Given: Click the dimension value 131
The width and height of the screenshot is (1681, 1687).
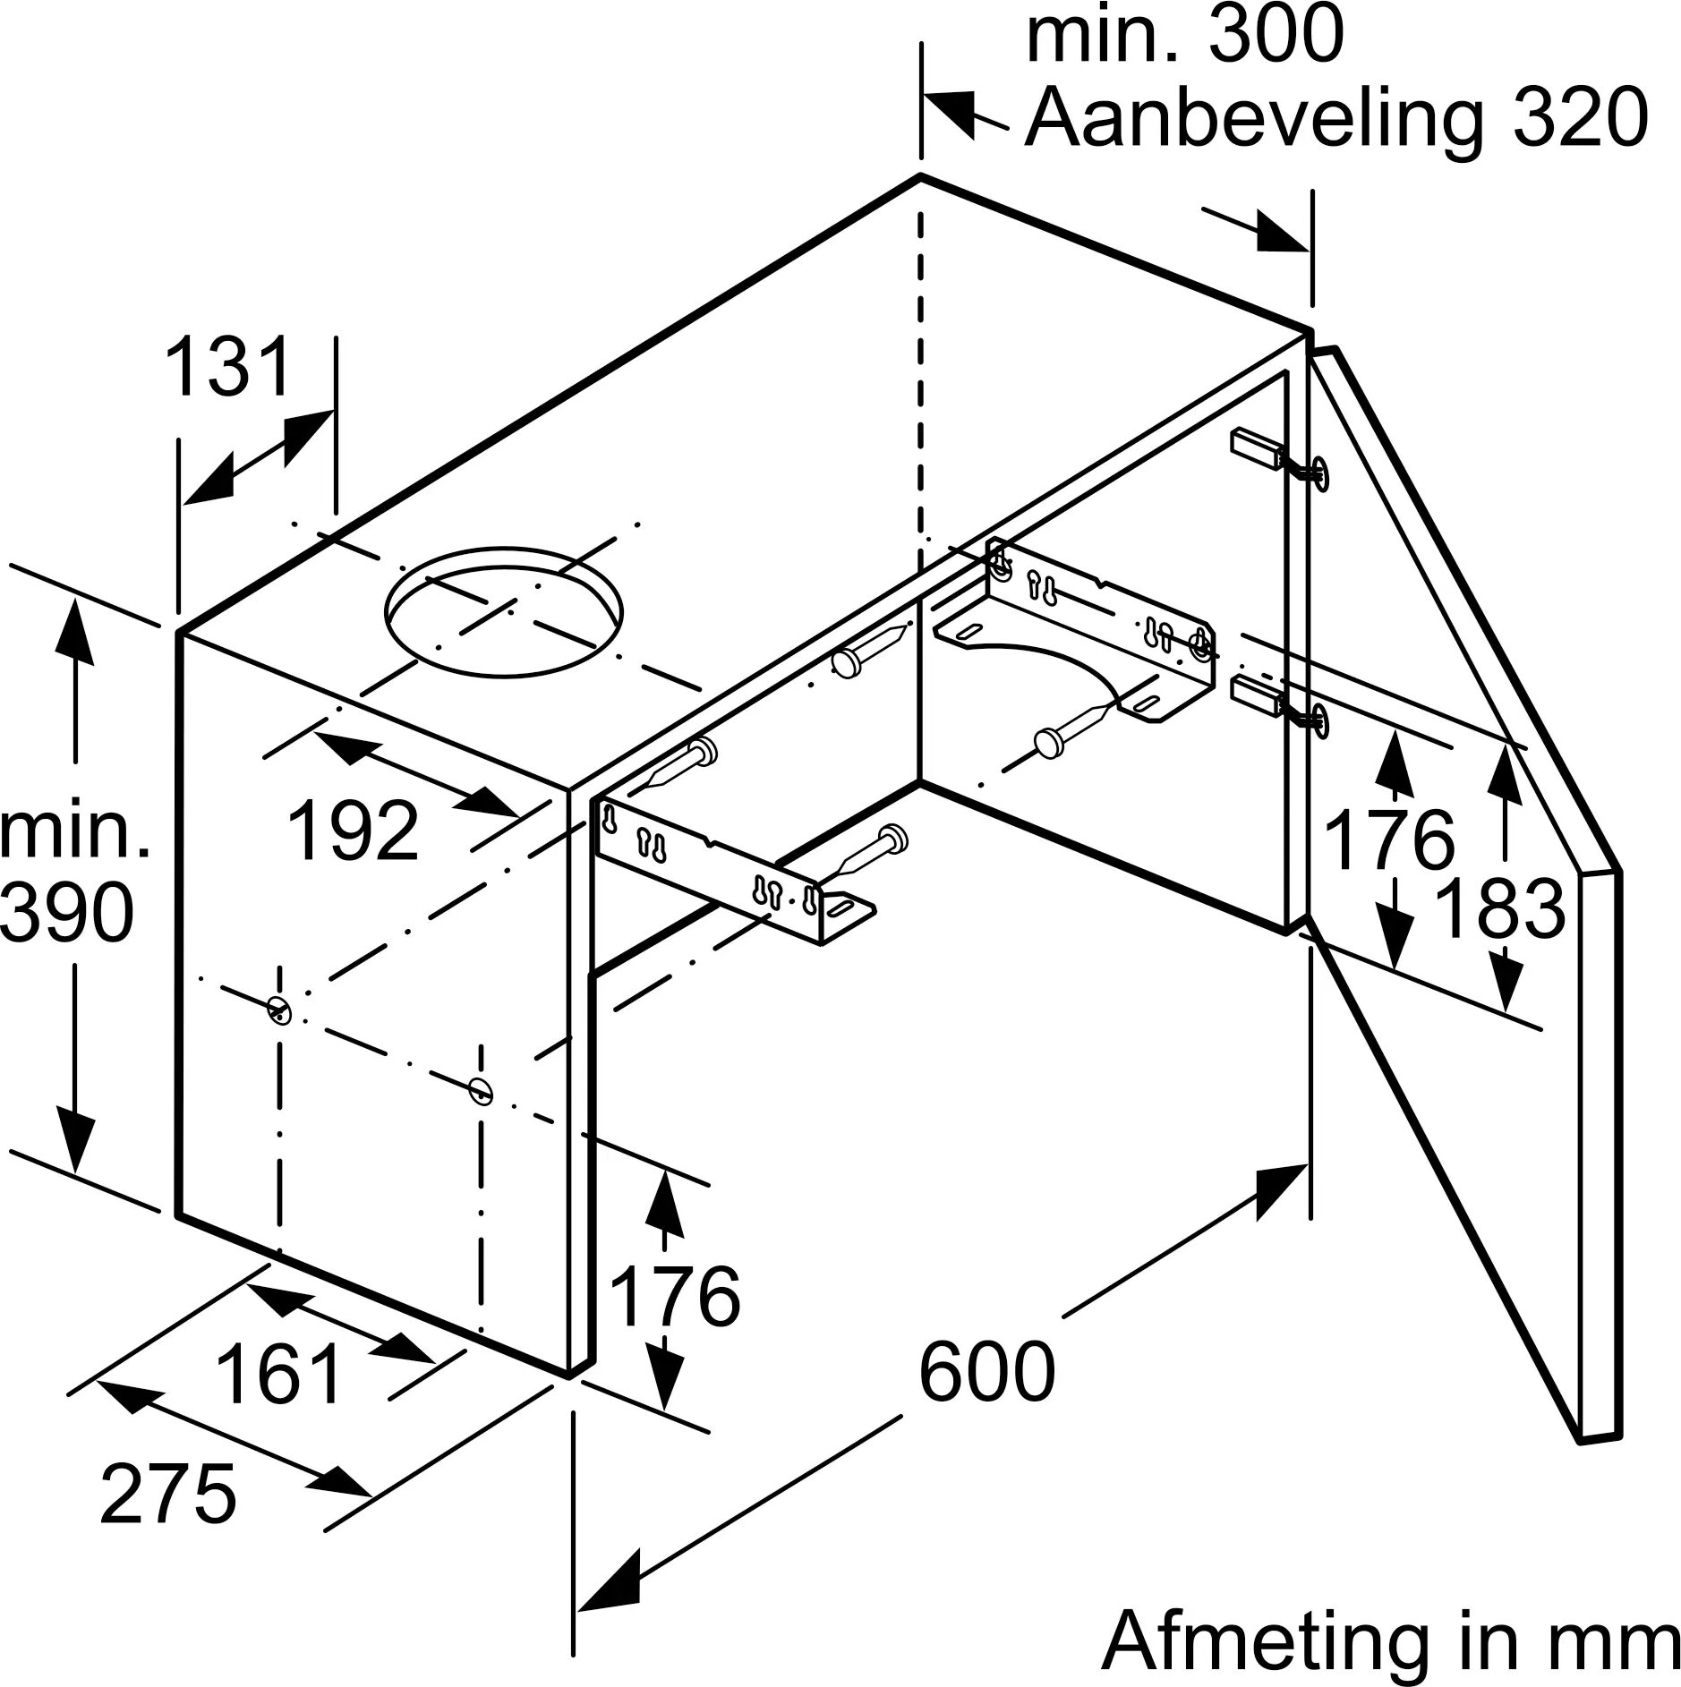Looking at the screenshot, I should (x=229, y=367).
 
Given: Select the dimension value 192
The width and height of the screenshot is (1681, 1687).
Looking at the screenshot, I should (x=354, y=831).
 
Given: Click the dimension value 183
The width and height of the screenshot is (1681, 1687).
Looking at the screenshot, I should (x=1498, y=909).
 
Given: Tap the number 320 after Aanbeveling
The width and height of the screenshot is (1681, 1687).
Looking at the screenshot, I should (x=1580, y=117).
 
